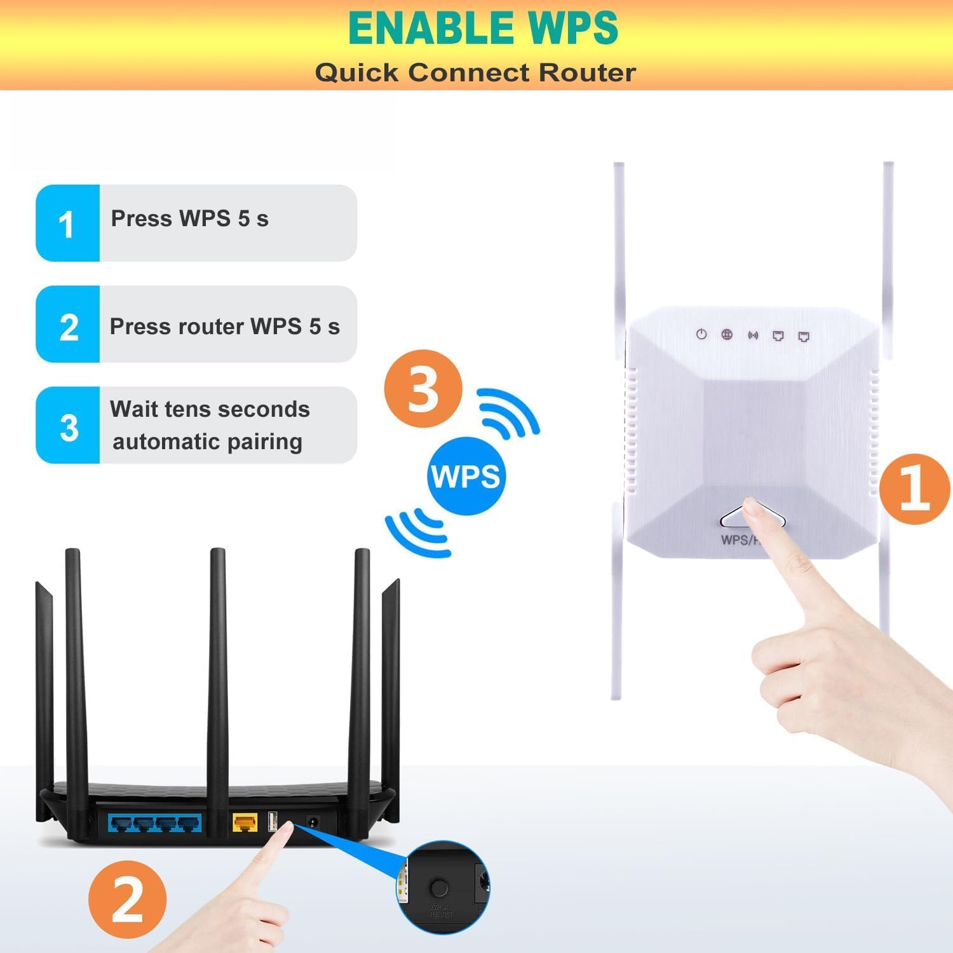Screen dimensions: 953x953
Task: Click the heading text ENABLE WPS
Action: (483, 28)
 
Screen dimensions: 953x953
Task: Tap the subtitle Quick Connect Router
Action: (475, 72)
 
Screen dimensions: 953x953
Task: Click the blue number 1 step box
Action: (67, 223)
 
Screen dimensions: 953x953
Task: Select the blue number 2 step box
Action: (67, 325)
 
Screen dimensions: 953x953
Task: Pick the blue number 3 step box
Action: (67, 426)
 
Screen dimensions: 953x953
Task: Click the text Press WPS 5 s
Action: (189, 219)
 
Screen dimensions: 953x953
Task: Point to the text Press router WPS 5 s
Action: (224, 327)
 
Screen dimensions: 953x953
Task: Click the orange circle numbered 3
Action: (422, 388)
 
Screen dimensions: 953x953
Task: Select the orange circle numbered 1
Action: (915, 489)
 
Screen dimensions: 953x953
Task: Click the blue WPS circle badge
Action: (466, 476)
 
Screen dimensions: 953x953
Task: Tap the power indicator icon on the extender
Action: (701, 335)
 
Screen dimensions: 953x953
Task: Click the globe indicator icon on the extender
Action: (727, 335)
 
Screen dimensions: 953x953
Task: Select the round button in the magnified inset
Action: (439, 888)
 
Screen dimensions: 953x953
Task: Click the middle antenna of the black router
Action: (217, 667)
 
